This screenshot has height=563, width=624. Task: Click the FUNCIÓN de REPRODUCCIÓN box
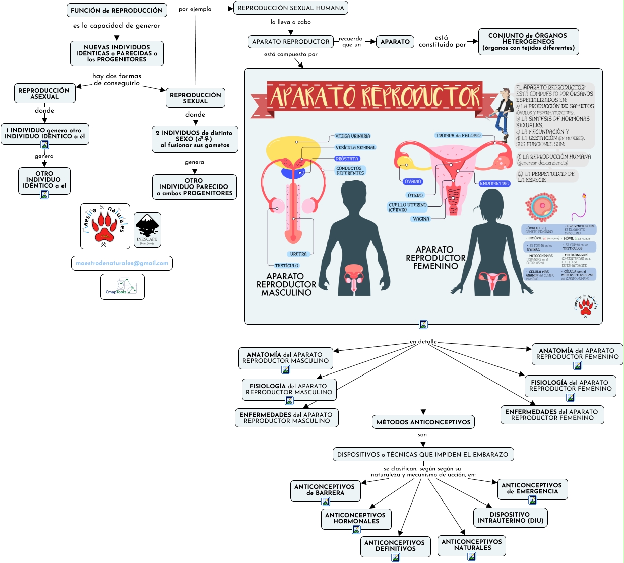coord(116,10)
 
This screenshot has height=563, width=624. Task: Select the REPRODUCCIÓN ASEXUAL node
coord(44,93)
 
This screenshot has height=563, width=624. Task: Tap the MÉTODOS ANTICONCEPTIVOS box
coord(423,422)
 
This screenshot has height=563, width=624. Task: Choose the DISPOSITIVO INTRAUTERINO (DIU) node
coord(511,518)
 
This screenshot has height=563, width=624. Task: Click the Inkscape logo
coord(147,230)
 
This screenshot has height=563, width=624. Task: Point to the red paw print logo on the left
coord(105,226)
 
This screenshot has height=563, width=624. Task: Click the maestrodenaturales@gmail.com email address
coord(122,263)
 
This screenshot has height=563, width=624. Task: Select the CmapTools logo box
coord(122,287)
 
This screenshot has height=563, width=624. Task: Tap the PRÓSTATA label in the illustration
coord(347,159)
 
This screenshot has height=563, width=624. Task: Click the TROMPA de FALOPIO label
coord(458,135)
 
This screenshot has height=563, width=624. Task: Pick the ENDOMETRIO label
coord(494,184)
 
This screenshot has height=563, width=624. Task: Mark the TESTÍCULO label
coord(286,266)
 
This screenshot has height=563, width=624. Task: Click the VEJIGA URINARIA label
coord(352,136)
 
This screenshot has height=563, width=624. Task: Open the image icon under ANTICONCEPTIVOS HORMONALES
coord(356,530)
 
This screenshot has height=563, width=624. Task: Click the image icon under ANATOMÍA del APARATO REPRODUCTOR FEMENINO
coord(578,365)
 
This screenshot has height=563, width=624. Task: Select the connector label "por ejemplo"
coord(195,9)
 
